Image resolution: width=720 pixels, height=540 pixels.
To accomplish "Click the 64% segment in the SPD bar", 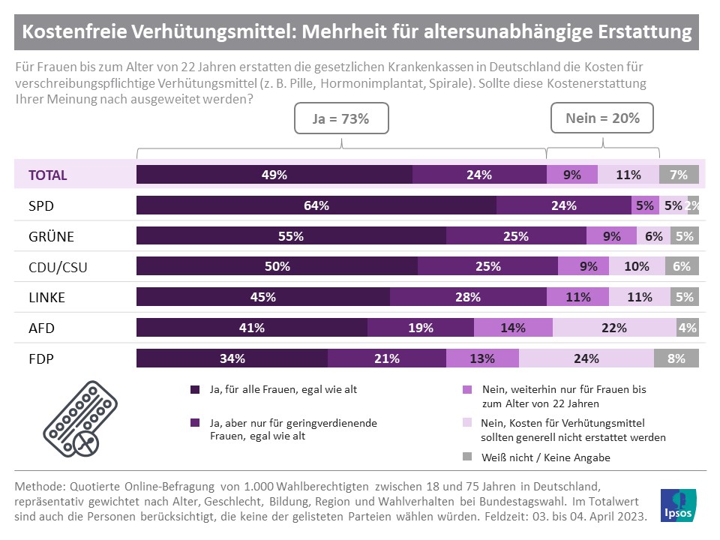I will click(x=316, y=205).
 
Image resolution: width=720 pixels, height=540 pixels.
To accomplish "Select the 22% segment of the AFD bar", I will click(x=615, y=328).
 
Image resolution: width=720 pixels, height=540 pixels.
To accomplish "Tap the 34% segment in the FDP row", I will click(x=232, y=358).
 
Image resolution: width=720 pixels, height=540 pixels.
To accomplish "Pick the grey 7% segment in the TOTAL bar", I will click(x=679, y=175).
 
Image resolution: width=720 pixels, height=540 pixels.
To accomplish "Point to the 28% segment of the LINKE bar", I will click(x=469, y=297).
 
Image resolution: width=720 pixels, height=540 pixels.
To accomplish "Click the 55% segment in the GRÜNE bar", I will click(x=290, y=236).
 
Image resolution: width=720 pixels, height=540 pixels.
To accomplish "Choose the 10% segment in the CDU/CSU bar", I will click(x=637, y=266).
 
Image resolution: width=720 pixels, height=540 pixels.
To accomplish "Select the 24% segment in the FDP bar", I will click(x=586, y=358).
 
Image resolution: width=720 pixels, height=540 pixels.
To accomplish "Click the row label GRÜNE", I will click(x=51, y=236).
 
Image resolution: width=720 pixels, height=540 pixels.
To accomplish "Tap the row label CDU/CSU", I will click(x=58, y=266).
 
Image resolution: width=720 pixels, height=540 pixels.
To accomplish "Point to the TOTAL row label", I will click(x=48, y=175).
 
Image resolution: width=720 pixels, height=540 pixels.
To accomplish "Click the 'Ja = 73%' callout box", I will click(x=341, y=118).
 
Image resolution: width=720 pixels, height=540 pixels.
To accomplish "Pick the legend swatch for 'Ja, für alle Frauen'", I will click(x=195, y=390).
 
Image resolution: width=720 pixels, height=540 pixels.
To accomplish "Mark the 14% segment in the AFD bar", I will click(x=513, y=328).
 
